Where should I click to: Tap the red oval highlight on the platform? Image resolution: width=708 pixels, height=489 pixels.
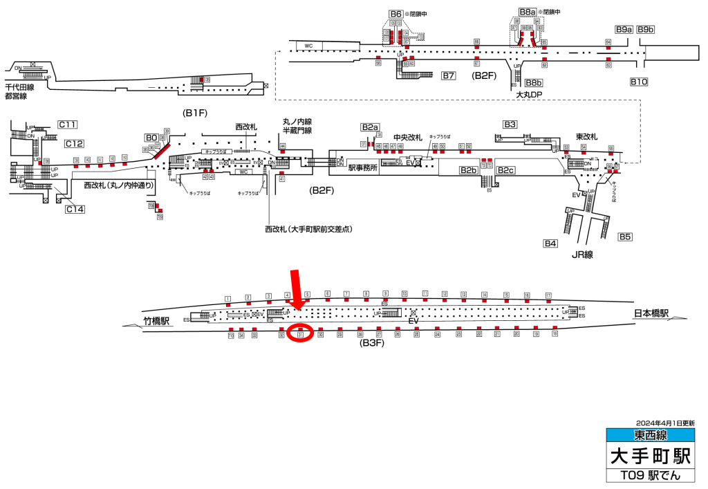click(x=301, y=333)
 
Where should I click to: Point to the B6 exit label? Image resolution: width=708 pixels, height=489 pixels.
click(x=396, y=14)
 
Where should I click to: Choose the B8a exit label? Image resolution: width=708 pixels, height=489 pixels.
click(x=528, y=12)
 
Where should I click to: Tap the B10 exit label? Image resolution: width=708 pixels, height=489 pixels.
click(x=638, y=82)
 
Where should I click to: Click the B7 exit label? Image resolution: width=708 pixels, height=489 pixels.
click(x=449, y=75)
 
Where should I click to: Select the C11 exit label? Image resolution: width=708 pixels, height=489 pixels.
click(x=67, y=124)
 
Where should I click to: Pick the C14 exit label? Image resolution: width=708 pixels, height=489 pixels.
click(x=75, y=209)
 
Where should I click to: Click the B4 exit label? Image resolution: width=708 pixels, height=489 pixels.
click(x=550, y=243)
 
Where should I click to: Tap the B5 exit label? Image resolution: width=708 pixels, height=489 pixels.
click(x=625, y=237)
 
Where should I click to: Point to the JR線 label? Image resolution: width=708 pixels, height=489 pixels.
click(x=584, y=255)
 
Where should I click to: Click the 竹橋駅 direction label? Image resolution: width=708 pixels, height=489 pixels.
click(x=156, y=321)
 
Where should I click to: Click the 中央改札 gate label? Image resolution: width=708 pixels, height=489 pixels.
click(x=407, y=137)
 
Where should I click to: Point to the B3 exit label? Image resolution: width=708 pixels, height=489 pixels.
click(x=510, y=124)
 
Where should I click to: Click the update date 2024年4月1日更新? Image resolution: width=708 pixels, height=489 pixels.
click(x=665, y=422)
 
